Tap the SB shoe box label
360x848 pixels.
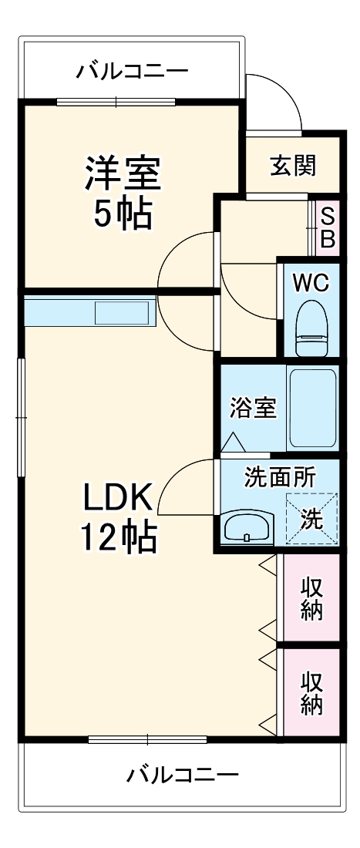(x=328, y=227)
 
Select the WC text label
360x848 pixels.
(x=311, y=282)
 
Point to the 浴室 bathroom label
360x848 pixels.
(x=253, y=408)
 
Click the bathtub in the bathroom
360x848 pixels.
(x=312, y=409)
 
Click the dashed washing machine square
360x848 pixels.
(x=312, y=519)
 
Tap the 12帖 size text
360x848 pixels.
(x=120, y=537)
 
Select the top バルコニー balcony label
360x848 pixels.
(x=132, y=72)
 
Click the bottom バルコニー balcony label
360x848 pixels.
(x=183, y=774)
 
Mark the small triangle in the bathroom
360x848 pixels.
(x=234, y=443)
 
